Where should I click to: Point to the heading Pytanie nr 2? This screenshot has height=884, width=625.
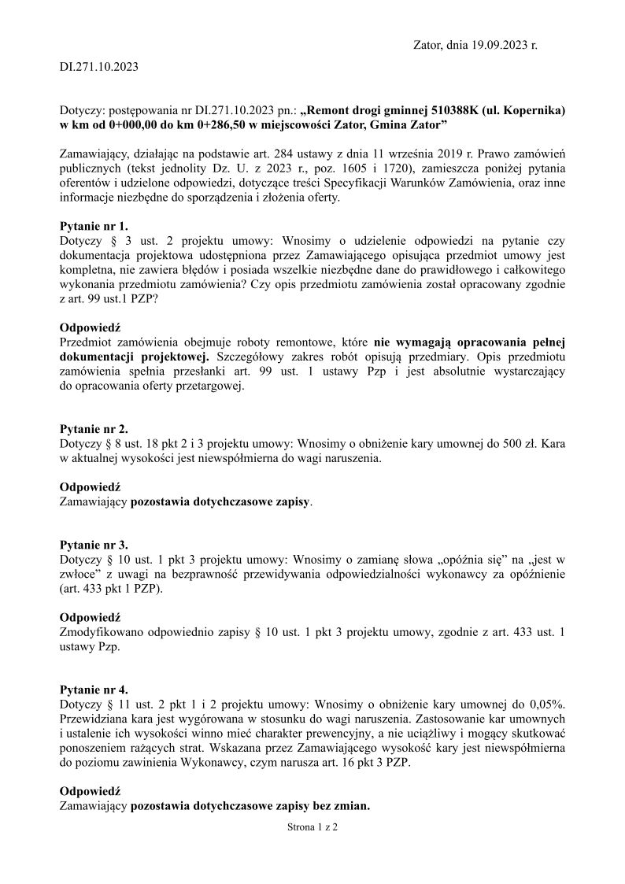point(94,429)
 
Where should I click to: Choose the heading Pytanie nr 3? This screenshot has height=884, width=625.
point(94,546)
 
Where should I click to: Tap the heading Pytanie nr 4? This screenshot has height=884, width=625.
point(94,689)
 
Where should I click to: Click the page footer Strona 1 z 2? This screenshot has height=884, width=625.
point(312,827)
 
